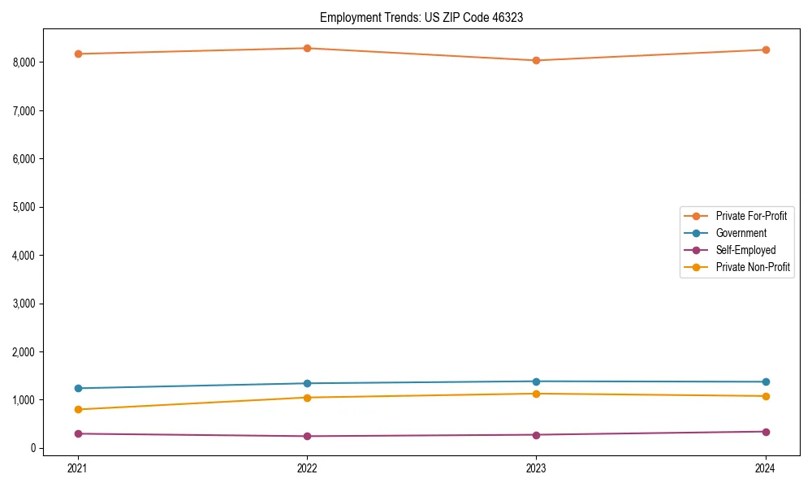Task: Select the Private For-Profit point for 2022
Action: coord(307,48)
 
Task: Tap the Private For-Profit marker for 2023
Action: coord(536,60)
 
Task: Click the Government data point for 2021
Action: coord(78,388)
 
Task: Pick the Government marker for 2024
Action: coord(766,381)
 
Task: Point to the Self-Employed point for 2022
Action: coord(307,436)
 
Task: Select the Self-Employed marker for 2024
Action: coord(766,432)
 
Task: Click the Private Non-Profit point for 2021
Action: coord(78,409)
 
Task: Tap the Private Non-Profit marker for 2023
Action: coord(536,394)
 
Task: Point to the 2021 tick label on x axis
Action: coord(78,468)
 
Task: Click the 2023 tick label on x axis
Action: coord(536,468)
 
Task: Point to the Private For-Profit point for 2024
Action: coord(766,50)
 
